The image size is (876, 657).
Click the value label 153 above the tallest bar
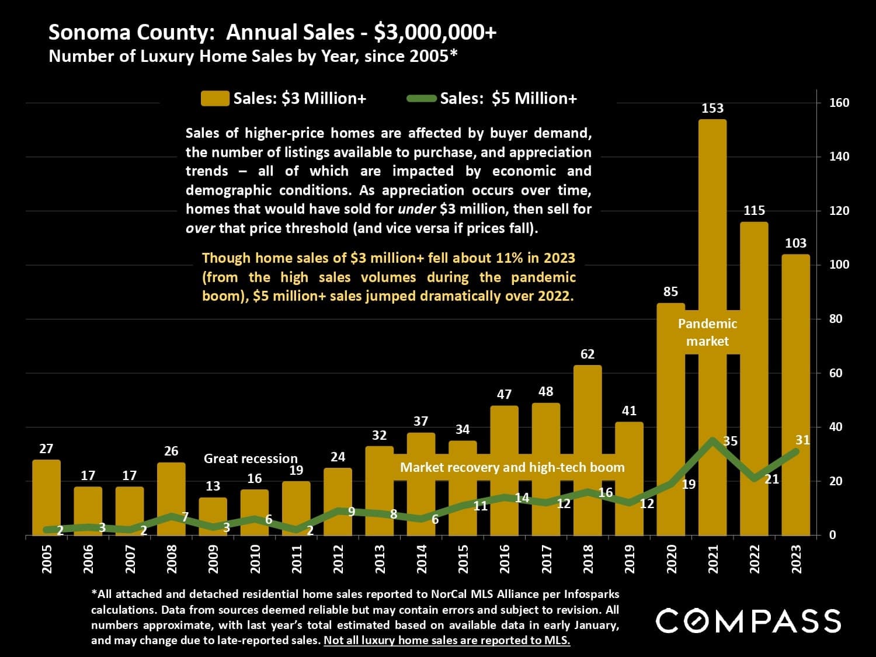click(712, 108)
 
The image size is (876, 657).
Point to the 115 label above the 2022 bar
click(754, 210)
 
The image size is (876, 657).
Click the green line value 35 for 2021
click(731, 442)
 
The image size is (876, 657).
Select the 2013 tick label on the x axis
click(380, 559)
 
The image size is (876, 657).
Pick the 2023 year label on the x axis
click(796, 559)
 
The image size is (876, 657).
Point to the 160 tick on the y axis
click(839, 103)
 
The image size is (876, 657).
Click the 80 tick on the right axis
click(836, 319)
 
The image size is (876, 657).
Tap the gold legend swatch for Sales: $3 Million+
click(214, 98)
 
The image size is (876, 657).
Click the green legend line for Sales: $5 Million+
click(422, 98)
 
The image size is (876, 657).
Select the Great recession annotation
click(251, 458)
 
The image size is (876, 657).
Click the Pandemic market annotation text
click(707, 332)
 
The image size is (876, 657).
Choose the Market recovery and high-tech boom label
click(512, 467)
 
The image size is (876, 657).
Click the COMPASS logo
click(748, 620)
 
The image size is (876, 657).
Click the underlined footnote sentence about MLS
click(447, 640)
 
